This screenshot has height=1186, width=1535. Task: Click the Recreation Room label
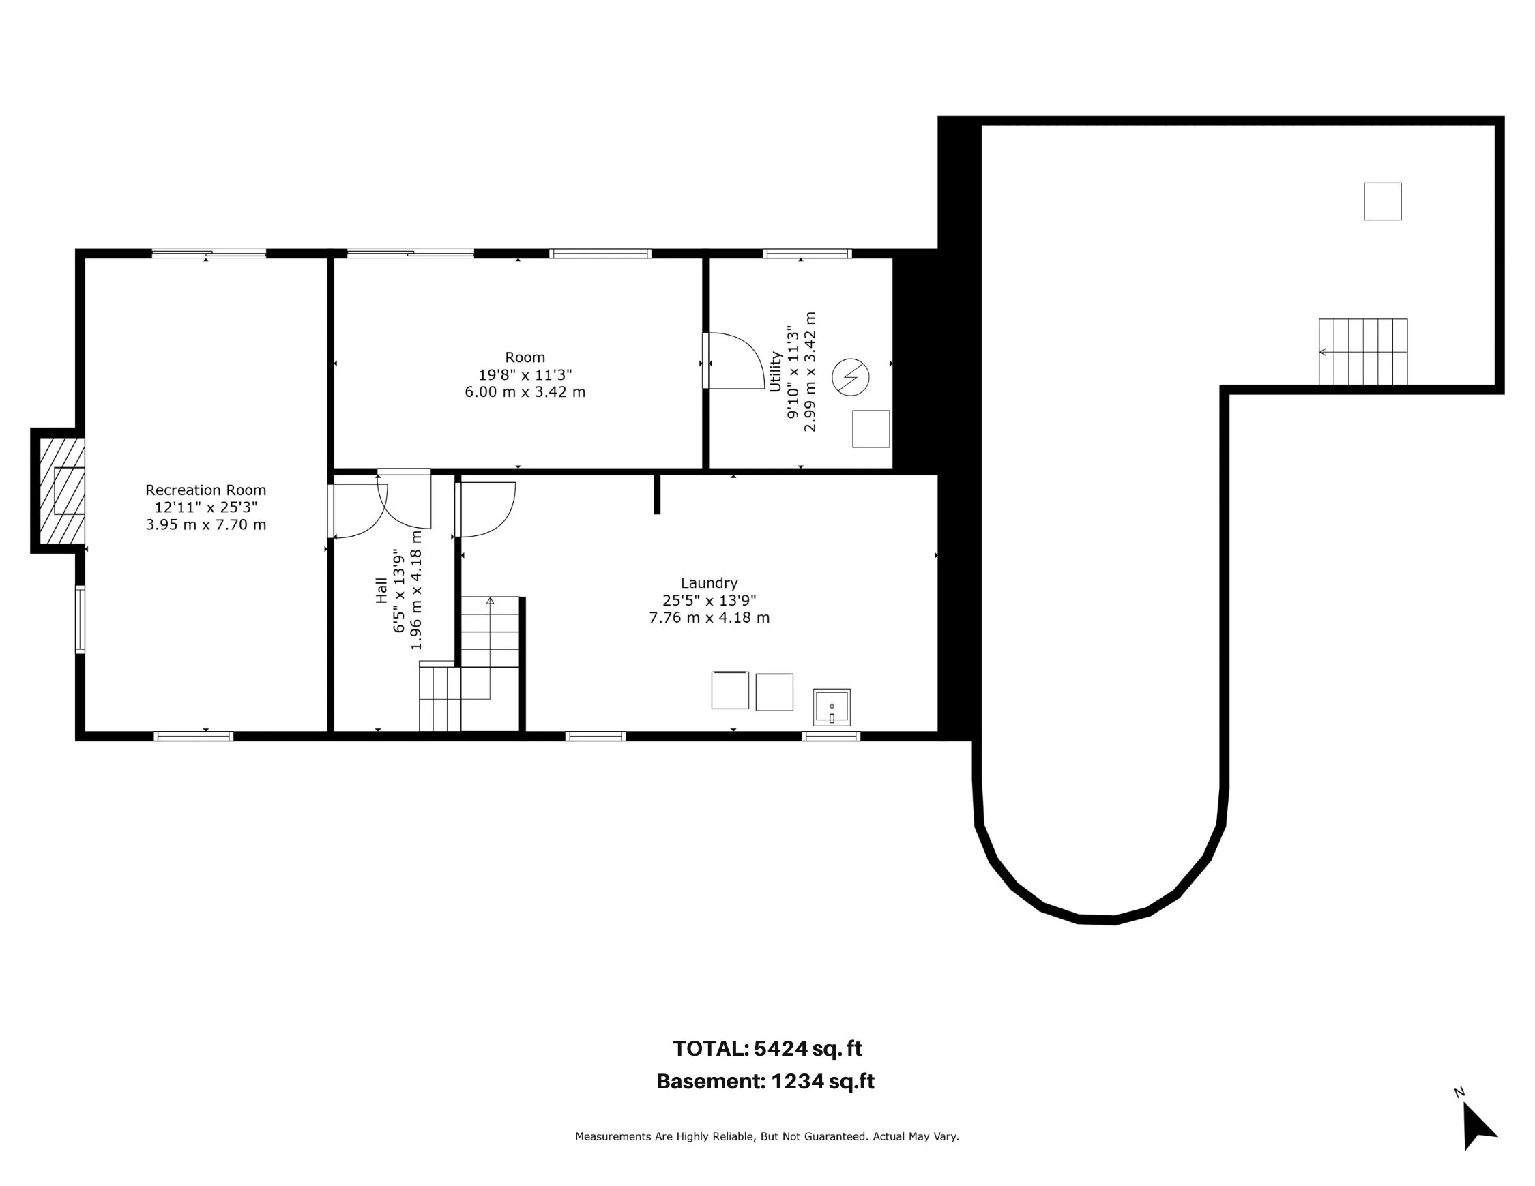click(x=206, y=490)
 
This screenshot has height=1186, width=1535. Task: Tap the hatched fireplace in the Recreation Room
click(x=62, y=490)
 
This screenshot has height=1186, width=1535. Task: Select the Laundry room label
click(x=709, y=583)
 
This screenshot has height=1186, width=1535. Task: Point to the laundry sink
click(x=832, y=707)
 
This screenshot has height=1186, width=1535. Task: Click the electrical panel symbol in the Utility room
click(x=851, y=377)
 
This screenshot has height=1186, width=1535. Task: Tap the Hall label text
click(x=381, y=590)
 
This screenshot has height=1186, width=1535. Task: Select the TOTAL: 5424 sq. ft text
click(x=767, y=1048)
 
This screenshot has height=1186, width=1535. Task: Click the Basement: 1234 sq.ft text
click(x=765, y=1080)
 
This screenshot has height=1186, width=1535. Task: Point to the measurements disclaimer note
click(x=767, y=1136)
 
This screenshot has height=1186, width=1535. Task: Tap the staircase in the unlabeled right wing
click(x=1363, y=351)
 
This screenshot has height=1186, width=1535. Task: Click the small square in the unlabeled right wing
click(x=1382, y=202)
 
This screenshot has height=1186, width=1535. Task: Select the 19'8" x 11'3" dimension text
click(x=525, y=374)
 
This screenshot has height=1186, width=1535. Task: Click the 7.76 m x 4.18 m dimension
click(x=709, y=618)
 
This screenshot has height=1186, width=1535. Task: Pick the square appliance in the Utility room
click(x=871, y=428)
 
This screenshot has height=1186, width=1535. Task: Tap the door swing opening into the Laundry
click(x=486, y=509)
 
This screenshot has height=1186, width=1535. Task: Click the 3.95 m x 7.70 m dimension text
click(x=206, y=525)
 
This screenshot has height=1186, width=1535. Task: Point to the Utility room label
click(x=776, y=372)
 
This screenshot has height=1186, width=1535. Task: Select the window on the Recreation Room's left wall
click(x=80, y=620)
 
